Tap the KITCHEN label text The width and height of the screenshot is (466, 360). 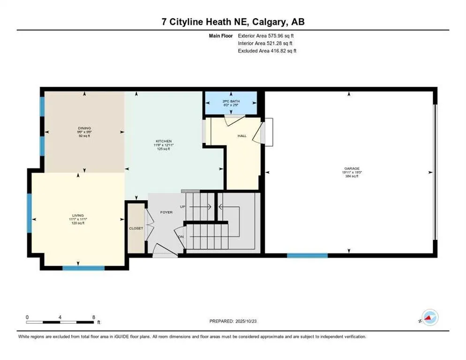tap(164, 141)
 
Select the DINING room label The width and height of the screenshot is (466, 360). tap(84, 128)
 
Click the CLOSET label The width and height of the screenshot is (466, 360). tap(136, 228)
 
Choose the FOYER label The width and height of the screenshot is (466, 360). tap(166, 212)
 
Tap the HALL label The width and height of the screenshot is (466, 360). tap(242, 135)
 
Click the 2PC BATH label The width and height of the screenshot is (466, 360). tap(230, 102)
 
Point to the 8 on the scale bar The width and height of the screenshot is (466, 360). tap(94, 317)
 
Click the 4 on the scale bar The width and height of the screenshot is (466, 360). tap(60, 317)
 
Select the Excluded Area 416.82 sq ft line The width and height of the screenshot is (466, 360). tap(267, 51)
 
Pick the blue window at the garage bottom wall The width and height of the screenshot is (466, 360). tap(307, 255)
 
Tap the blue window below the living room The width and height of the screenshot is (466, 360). tap(83, 268)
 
